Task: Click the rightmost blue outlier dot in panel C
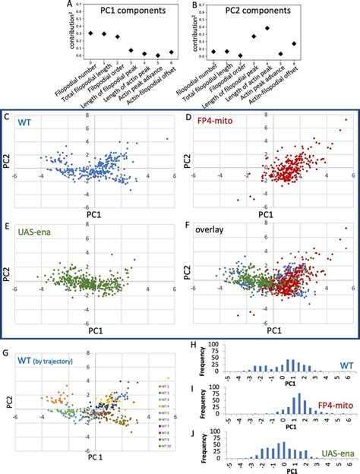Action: (x=166, y=139)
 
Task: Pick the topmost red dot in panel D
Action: (x=346, y=120)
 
